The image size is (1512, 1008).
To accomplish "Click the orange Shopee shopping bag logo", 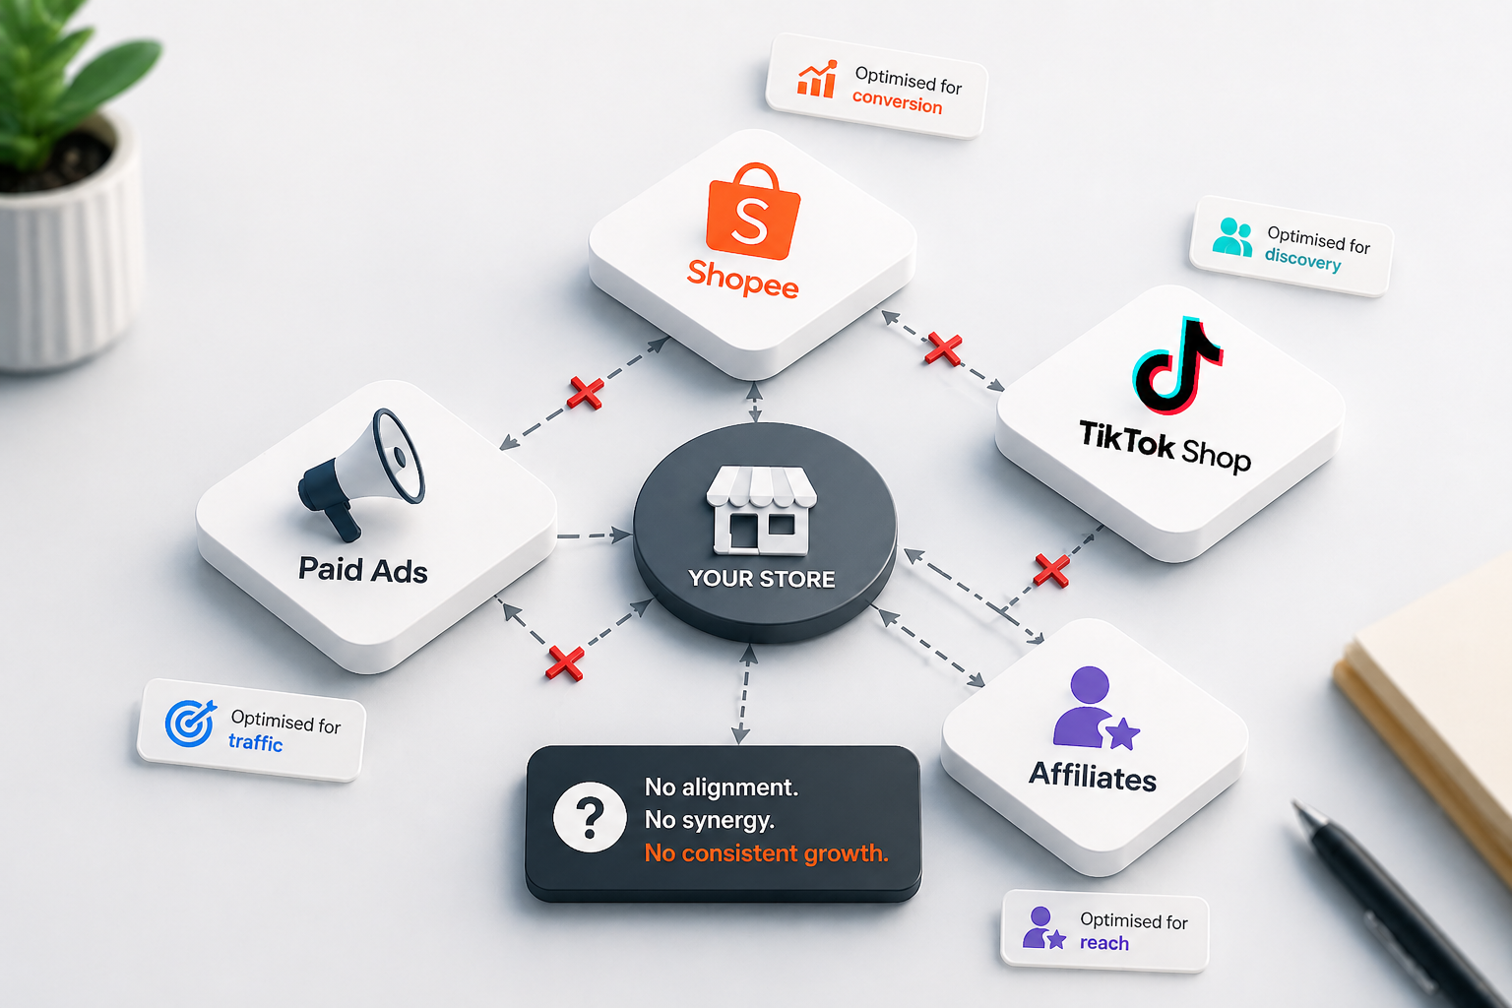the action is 753,211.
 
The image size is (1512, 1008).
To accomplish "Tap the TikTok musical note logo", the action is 1177,365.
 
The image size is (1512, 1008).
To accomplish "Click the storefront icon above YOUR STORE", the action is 761,510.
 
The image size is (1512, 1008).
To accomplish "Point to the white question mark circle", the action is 590,817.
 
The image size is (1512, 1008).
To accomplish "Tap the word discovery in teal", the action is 1302,259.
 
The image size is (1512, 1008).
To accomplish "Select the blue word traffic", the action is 255,742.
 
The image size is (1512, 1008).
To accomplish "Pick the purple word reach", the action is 1104,942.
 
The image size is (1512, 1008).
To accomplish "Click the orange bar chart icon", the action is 817,79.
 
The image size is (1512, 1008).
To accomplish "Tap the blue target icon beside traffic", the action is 191,724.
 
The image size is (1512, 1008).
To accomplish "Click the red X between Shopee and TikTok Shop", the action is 943,348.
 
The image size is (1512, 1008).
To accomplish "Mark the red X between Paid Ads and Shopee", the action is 586,392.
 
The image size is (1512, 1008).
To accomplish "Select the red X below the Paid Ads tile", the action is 565,663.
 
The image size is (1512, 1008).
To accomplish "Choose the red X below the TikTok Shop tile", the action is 1051,571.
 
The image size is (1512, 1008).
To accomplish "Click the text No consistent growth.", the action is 766,852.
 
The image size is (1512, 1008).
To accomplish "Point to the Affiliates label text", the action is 1092,777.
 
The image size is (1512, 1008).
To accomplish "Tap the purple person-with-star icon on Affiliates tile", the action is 1095,708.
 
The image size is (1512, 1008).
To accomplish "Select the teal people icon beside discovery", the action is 1232,237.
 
